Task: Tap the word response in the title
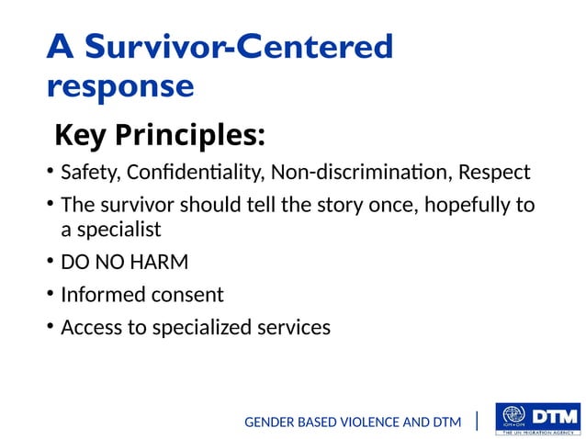coord(119,86)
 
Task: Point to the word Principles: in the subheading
coord(190,136)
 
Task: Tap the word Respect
coord(494,173)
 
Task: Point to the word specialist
coord(118,230)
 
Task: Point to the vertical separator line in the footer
coord(478,422)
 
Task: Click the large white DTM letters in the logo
coord(555,414)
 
